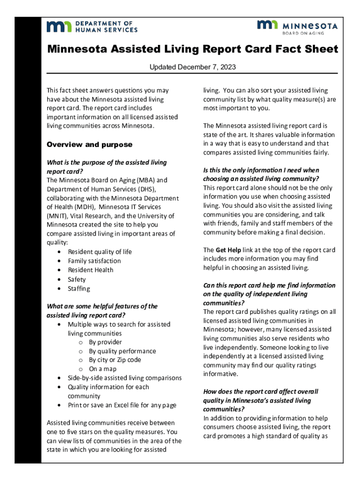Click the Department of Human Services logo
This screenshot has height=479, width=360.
[x=92, y=26]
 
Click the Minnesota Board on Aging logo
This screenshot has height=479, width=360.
[x=297, y=27]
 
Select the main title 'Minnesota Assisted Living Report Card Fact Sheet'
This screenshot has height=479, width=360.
[x=192, y=50]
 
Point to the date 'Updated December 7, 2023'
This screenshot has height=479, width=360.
[x=192, y=67]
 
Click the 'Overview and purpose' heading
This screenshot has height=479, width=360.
[x=89, y=145]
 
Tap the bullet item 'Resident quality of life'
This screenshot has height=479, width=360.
[x=100, y=252]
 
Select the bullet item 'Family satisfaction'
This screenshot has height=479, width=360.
[x=94, y=261]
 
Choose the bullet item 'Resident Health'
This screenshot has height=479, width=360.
[x=90, y=270]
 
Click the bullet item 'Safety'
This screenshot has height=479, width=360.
[x=77, y=279]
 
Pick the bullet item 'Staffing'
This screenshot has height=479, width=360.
[x=79, y=289]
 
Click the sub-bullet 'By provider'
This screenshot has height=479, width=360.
[x=106, y=342]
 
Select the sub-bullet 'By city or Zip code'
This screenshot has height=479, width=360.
[x=115, y=360]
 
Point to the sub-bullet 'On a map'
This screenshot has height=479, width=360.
[x=102, y=369]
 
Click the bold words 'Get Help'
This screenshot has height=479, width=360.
[x=228, y=250]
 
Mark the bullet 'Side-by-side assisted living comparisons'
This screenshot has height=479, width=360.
[x=124, y=378]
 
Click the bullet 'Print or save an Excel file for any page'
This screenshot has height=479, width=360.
[x=122, y=405]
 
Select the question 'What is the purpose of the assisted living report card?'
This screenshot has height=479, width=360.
[x=107, y=167]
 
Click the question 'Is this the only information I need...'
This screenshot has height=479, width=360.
[x=261, y=174]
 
